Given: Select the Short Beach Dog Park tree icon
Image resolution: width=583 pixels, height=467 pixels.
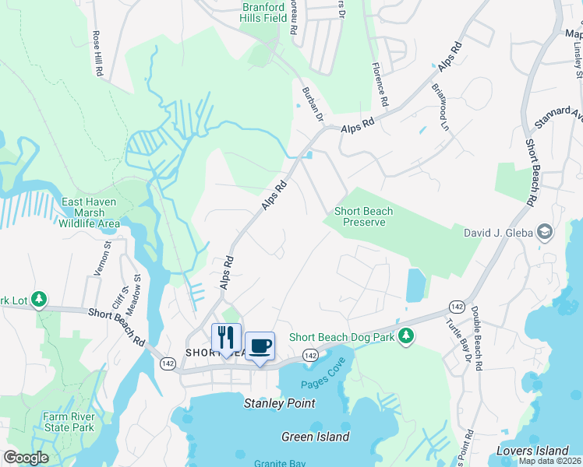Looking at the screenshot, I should pyautogui.click(x=405, y=336).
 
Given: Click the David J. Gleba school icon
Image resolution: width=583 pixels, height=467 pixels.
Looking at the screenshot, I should pyautogui.click(x=545, y=232).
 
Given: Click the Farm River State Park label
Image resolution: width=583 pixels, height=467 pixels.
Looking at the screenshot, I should pyautogui.click(x=69, y=422).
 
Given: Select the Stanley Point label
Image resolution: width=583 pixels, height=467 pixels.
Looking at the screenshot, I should pyautogui.click(x=280, y=403).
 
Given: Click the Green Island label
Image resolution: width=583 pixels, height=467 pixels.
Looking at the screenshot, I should pyautogui.click(x=315, y=437).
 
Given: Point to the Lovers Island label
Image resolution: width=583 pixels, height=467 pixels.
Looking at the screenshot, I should pyautogui.click(x=532, y=451).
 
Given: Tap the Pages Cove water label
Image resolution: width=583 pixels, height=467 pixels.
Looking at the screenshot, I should pyautogui.click(x=323, y=374).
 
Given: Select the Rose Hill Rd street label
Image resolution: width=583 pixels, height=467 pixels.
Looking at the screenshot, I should pyautogui.click(x=98, y=53).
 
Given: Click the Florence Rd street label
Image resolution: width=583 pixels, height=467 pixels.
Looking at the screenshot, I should pyautogui.click(x=380, y=84).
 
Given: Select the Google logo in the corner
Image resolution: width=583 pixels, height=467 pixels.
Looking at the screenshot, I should pyautogui.click(x=26, y=458).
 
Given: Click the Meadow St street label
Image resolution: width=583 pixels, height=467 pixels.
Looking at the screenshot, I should pyautogui.click(x=138, y=289).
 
